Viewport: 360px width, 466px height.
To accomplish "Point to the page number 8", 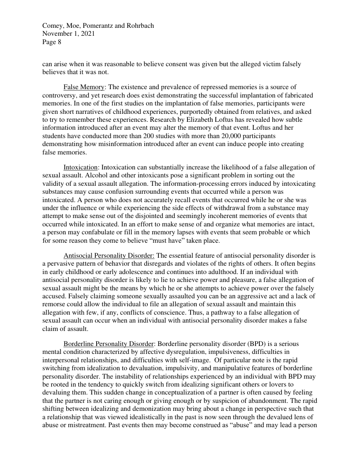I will [59, 42].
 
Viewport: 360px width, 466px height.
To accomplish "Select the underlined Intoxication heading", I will [80, 167].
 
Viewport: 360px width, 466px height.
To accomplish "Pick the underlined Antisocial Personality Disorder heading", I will [109, 256].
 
